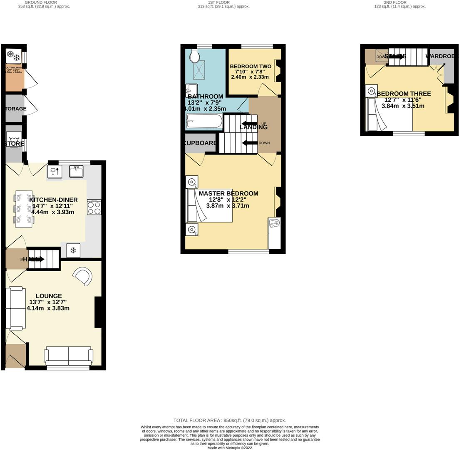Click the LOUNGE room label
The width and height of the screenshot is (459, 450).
click(x=48, y=296)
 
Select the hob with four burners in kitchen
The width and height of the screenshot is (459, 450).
click(x=94, y=207)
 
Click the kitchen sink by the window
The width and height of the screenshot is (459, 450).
click(x=76, y=171)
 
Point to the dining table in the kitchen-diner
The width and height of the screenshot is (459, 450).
click(x=24, y=209)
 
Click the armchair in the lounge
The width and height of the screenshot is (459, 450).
click(x=83, y=277)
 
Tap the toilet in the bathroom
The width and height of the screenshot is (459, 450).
click(x=195, y=56)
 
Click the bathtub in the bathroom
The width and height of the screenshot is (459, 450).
click(x=204, y=121)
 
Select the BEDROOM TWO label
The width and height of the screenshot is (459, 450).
click(x=251, y=66)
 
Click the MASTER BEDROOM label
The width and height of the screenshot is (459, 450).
click(x=228, y=193)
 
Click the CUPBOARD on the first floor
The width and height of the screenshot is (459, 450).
click(x=200, y=143)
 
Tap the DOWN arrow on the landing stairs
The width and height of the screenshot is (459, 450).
click(x=249, y=143)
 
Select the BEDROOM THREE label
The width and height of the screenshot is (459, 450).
click(x=404, y=94)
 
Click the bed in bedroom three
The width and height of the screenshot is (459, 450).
click(x=389, y=114)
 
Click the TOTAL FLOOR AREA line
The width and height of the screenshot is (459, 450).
click(x=229, y=420)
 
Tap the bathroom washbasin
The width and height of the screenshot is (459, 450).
click(x=191, y=90)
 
